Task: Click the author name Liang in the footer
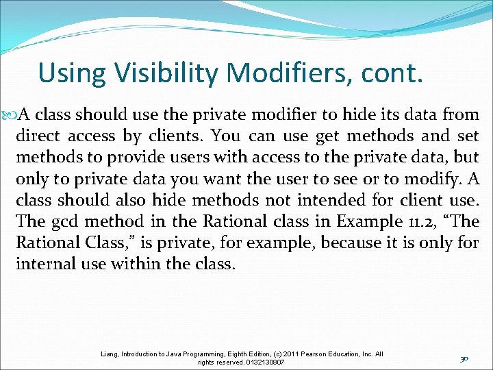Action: pyautogui.click(x=109, y=354)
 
